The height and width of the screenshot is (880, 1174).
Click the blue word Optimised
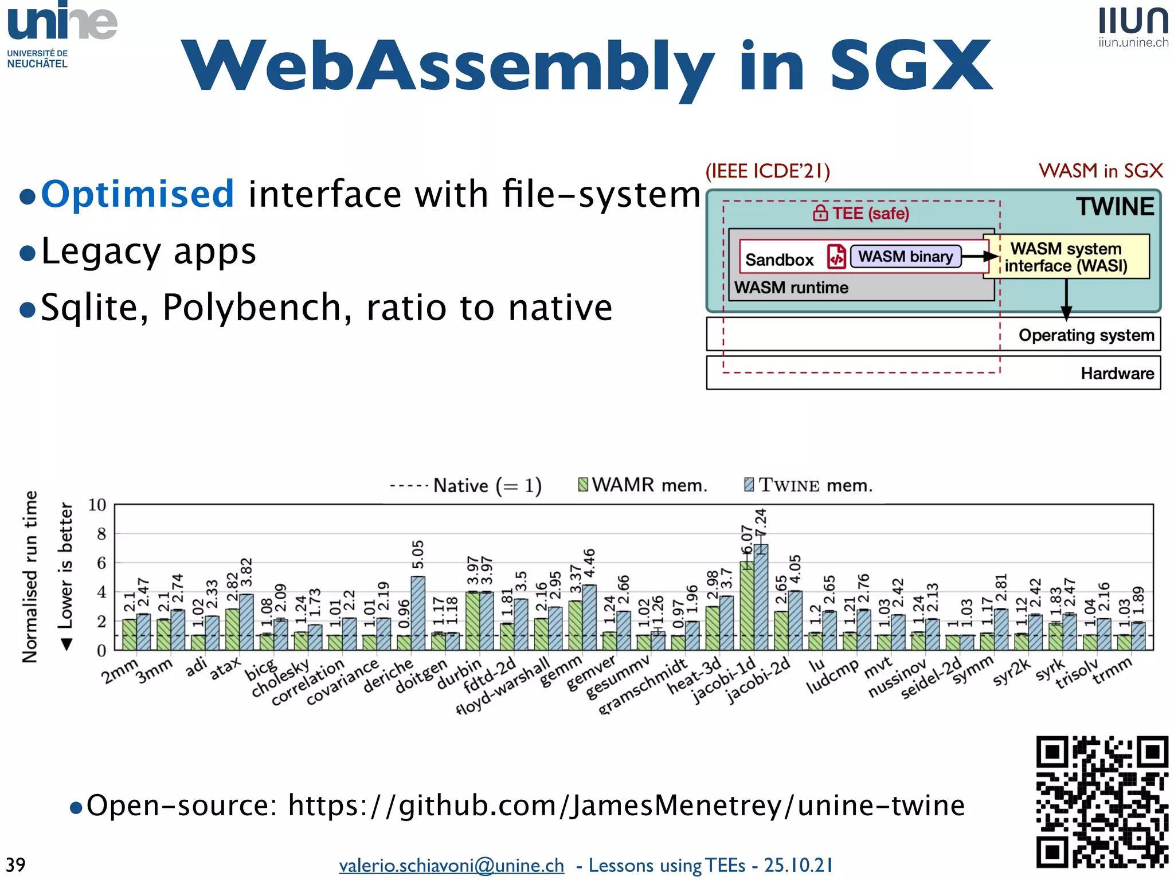[138, 194]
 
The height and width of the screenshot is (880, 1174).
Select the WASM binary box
[905, 256]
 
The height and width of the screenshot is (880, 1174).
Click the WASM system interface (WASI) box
[1066, 257]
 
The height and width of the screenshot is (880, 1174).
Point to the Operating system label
[1086, 335]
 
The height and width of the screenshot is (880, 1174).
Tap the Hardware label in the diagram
[1117, 374]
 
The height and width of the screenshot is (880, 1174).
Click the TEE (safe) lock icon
[820, 213]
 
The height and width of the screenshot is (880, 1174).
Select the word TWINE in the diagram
[1114, 207]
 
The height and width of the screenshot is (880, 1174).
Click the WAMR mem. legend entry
[643, 485]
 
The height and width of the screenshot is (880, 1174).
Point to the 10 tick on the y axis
[97, 505]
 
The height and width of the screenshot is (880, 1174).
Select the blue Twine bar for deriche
[418, 613]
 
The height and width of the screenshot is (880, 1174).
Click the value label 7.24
[760, 522]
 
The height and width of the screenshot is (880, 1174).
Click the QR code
[1102, 801]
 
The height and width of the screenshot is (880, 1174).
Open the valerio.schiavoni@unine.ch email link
[451, 865]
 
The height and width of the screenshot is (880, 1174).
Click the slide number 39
[15, 865]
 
